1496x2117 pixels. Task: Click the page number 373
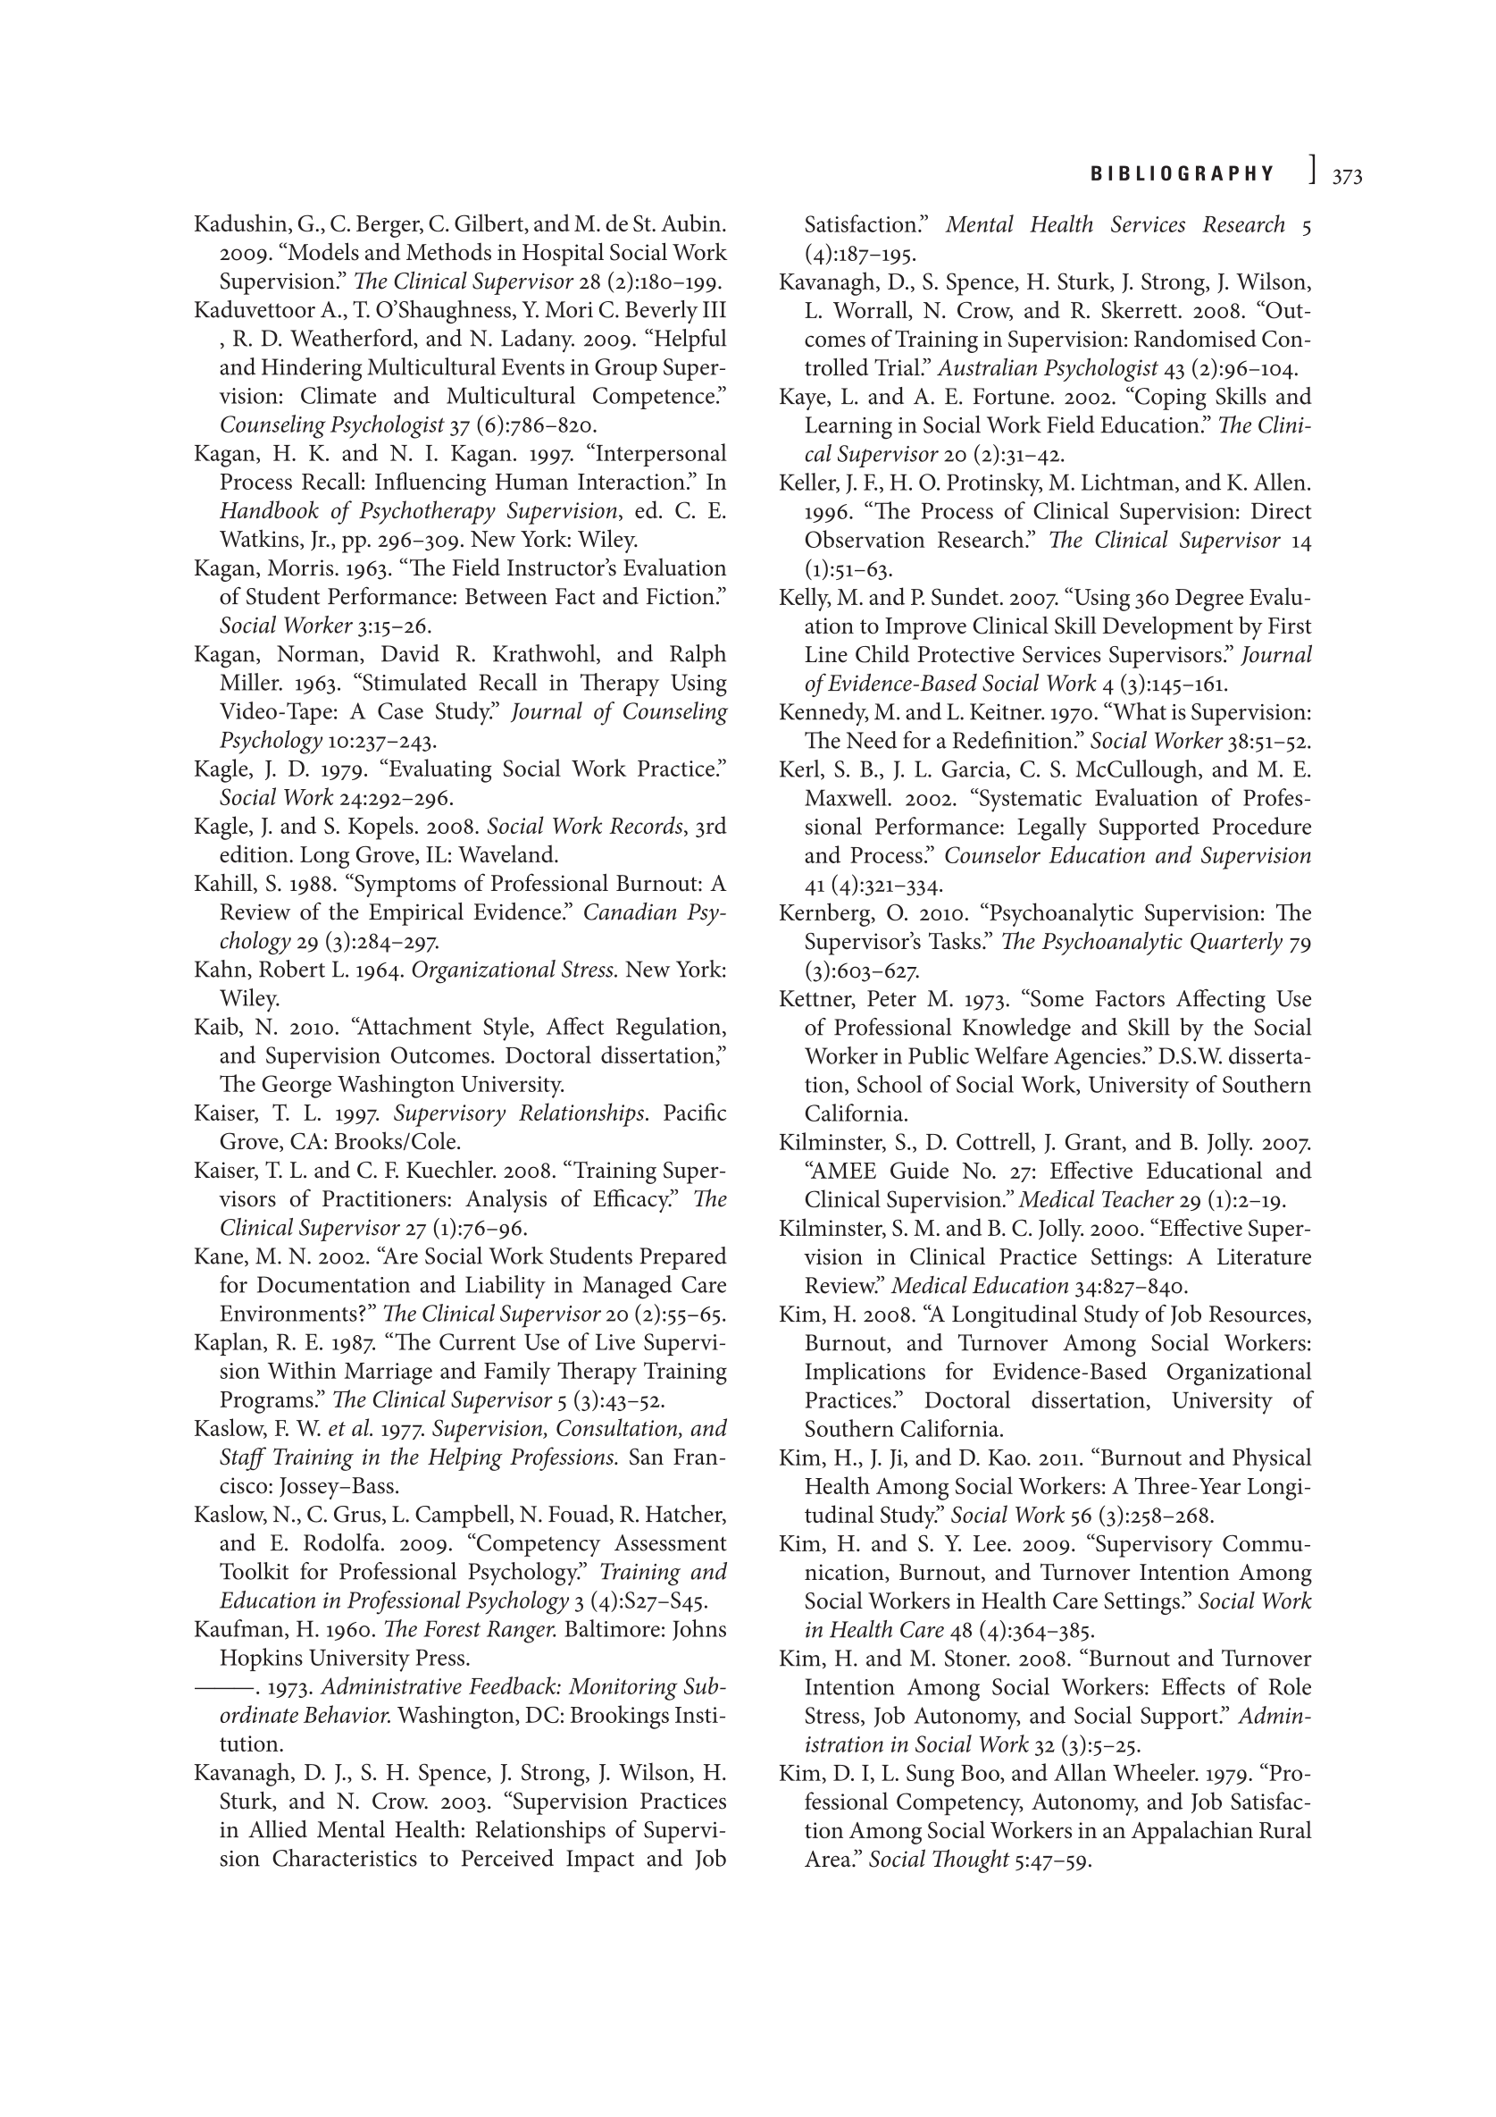point(1347,176)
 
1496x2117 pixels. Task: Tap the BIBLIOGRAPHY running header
point(1183,174)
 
